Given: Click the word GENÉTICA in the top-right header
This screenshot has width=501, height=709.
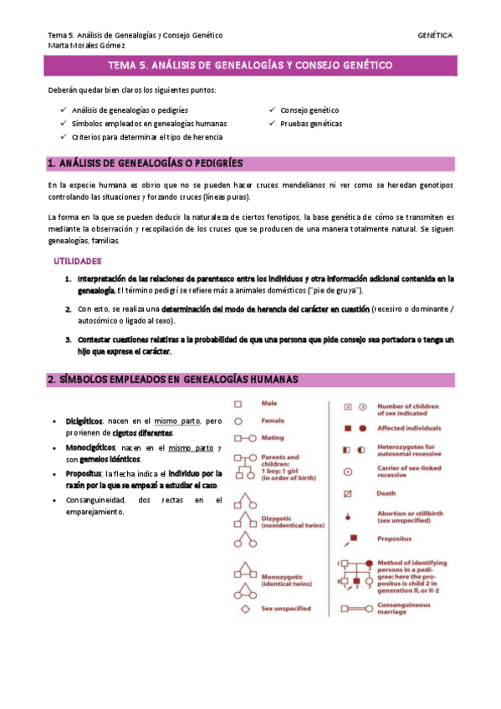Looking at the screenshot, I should click(435, 35).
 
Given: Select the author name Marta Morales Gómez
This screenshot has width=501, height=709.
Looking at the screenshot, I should click(84, 46).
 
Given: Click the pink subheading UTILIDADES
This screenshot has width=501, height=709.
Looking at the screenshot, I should click(77, 261).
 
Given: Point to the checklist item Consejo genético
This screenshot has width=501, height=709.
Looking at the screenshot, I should click(309, 110).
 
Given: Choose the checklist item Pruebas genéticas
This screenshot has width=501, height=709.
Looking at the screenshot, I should click(311, 123).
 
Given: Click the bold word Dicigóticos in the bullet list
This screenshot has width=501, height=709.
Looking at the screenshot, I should click(84, 421).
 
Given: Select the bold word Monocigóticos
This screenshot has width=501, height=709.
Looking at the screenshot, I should click(90, 446).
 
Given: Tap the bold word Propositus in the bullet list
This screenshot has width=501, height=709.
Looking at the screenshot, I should click(84, 473).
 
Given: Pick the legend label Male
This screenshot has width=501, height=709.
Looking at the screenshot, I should click(269, 404).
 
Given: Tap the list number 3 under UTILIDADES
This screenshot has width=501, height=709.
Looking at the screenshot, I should click(69, 339).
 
